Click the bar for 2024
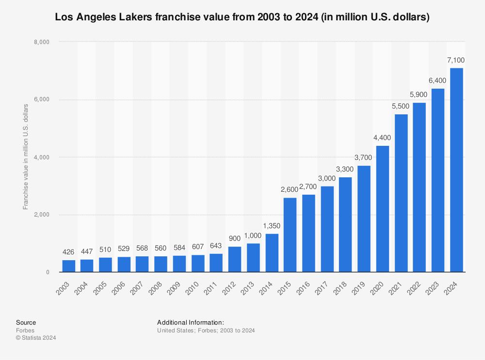point(456,170)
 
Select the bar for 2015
point(290,235)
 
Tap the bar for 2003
point(68,266)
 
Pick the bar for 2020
point(383,209)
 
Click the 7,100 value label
point(456,60)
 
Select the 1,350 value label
point(272,226)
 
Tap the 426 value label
point(68,252)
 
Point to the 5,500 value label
point(401,106)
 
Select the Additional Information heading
point(191,322)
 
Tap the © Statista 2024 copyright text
point(36,338)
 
